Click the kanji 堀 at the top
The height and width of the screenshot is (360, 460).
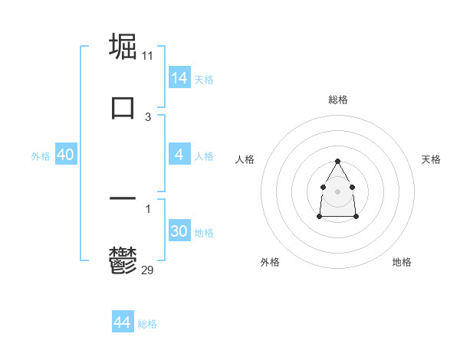pyautogui.click(x=123, y=47)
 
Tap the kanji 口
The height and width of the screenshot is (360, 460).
pyautogui.click(x=123, y=107)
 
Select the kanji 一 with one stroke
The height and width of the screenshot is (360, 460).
pyautogui.click(x=123, y=198)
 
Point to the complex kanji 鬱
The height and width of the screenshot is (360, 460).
pyautogui.click(x=123, y=260)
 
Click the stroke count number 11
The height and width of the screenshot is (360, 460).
pyautogui.click(x=148, y=57)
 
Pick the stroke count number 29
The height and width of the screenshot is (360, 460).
pyautogui.click(x=148, y=270)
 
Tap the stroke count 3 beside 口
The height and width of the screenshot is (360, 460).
pyautogui.click(x=148, y=117)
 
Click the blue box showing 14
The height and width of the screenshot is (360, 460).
pyautogui.click(x=179, y=77)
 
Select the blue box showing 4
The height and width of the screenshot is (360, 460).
pyautogui.click(x=179, y=155)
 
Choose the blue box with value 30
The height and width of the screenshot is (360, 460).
pyautogui.click(x=179, y=231)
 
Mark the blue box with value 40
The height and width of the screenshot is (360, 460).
pyautogui.click(x=66, y=155)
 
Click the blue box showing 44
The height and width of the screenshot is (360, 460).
pyautogui.click(x=123, y=322)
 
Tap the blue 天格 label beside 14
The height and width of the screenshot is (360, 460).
pyautogui.click(x=204, y=80)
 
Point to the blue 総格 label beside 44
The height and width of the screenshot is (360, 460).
pyautogui.click(x=147, y=325)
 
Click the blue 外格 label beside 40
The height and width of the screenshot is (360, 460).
pyautogui.click(x=41, y=156)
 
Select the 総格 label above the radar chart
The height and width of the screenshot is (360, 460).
pyautogui.click(x=338, y=100)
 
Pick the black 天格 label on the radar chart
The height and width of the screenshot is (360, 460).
pyautogui.click(x=431, y=159)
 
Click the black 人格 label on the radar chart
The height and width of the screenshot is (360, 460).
pyautogui.click(x=245, y=159)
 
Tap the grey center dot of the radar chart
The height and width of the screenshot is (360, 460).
pyautogui.click(x=337, y=191)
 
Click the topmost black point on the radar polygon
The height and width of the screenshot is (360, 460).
pyautogui.click(x=337, y=162)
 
